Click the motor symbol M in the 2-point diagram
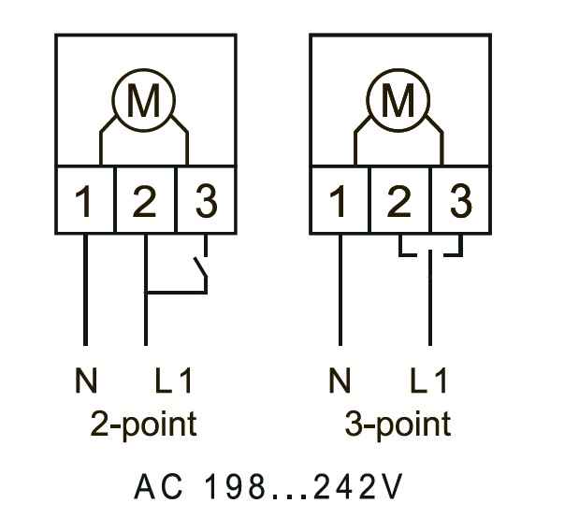point(143,101)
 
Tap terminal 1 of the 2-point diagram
point(84,201)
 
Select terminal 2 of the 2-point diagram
point(145,201)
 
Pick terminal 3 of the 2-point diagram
point(205,201)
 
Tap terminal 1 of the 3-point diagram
point(340,201)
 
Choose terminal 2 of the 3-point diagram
point(400,201)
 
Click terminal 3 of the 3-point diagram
point(459,201)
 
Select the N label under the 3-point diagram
point(340,381)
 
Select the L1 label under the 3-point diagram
point(429,381)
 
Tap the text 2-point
point(143,424)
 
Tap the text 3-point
point(398,424)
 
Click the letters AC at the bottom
point(153,486)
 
